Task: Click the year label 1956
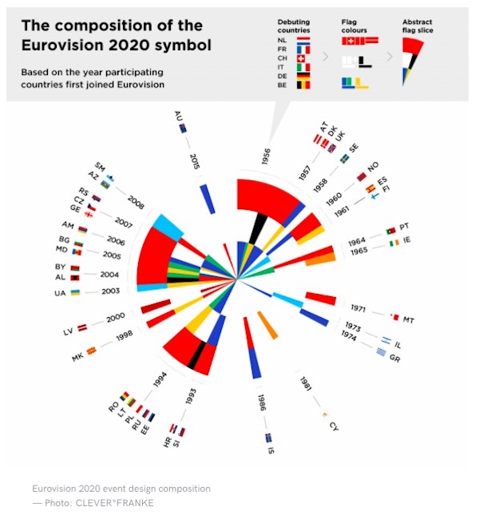[x=266, y=159]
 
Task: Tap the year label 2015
[x=195, y=162]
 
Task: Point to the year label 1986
[x=261, y=402]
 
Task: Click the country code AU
[x=177, y=118]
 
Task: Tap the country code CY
[x=334, y=426]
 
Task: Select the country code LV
[x=69, y=331]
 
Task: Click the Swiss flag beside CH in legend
[x=301, y=58]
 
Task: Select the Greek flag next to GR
[x=384, y=351]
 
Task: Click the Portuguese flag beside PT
[x=390, y=229]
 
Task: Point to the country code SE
[x=354, y=148]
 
